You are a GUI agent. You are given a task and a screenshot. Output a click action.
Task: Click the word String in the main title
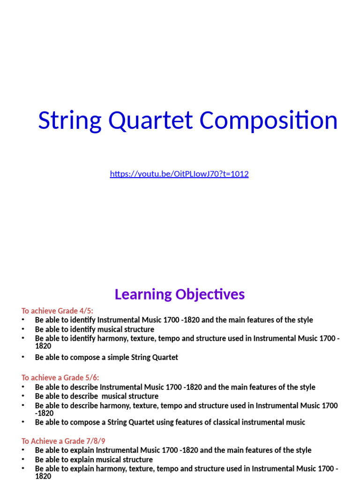pyautogui.click(x=69, y=120)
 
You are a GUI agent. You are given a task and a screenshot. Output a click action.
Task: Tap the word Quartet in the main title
pyautogui.click(x=150, y=120)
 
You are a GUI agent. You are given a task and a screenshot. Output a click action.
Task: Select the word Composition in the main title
pyautogui.click(x=269, y=120)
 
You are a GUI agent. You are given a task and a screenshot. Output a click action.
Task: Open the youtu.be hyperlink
pyautogui.click(x=179, y=174)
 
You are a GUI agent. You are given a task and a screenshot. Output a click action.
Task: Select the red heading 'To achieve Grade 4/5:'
pyautogui.click(x=57, y=311)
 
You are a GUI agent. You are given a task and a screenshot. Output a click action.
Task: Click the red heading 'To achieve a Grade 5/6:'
pyautogui.click(x=60, y=378)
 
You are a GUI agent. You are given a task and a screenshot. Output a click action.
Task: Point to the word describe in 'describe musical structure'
pyautogui.click(x=84, y=396)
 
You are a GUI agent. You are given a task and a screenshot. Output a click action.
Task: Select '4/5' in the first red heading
pyautogui.click(x=87, y=311)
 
